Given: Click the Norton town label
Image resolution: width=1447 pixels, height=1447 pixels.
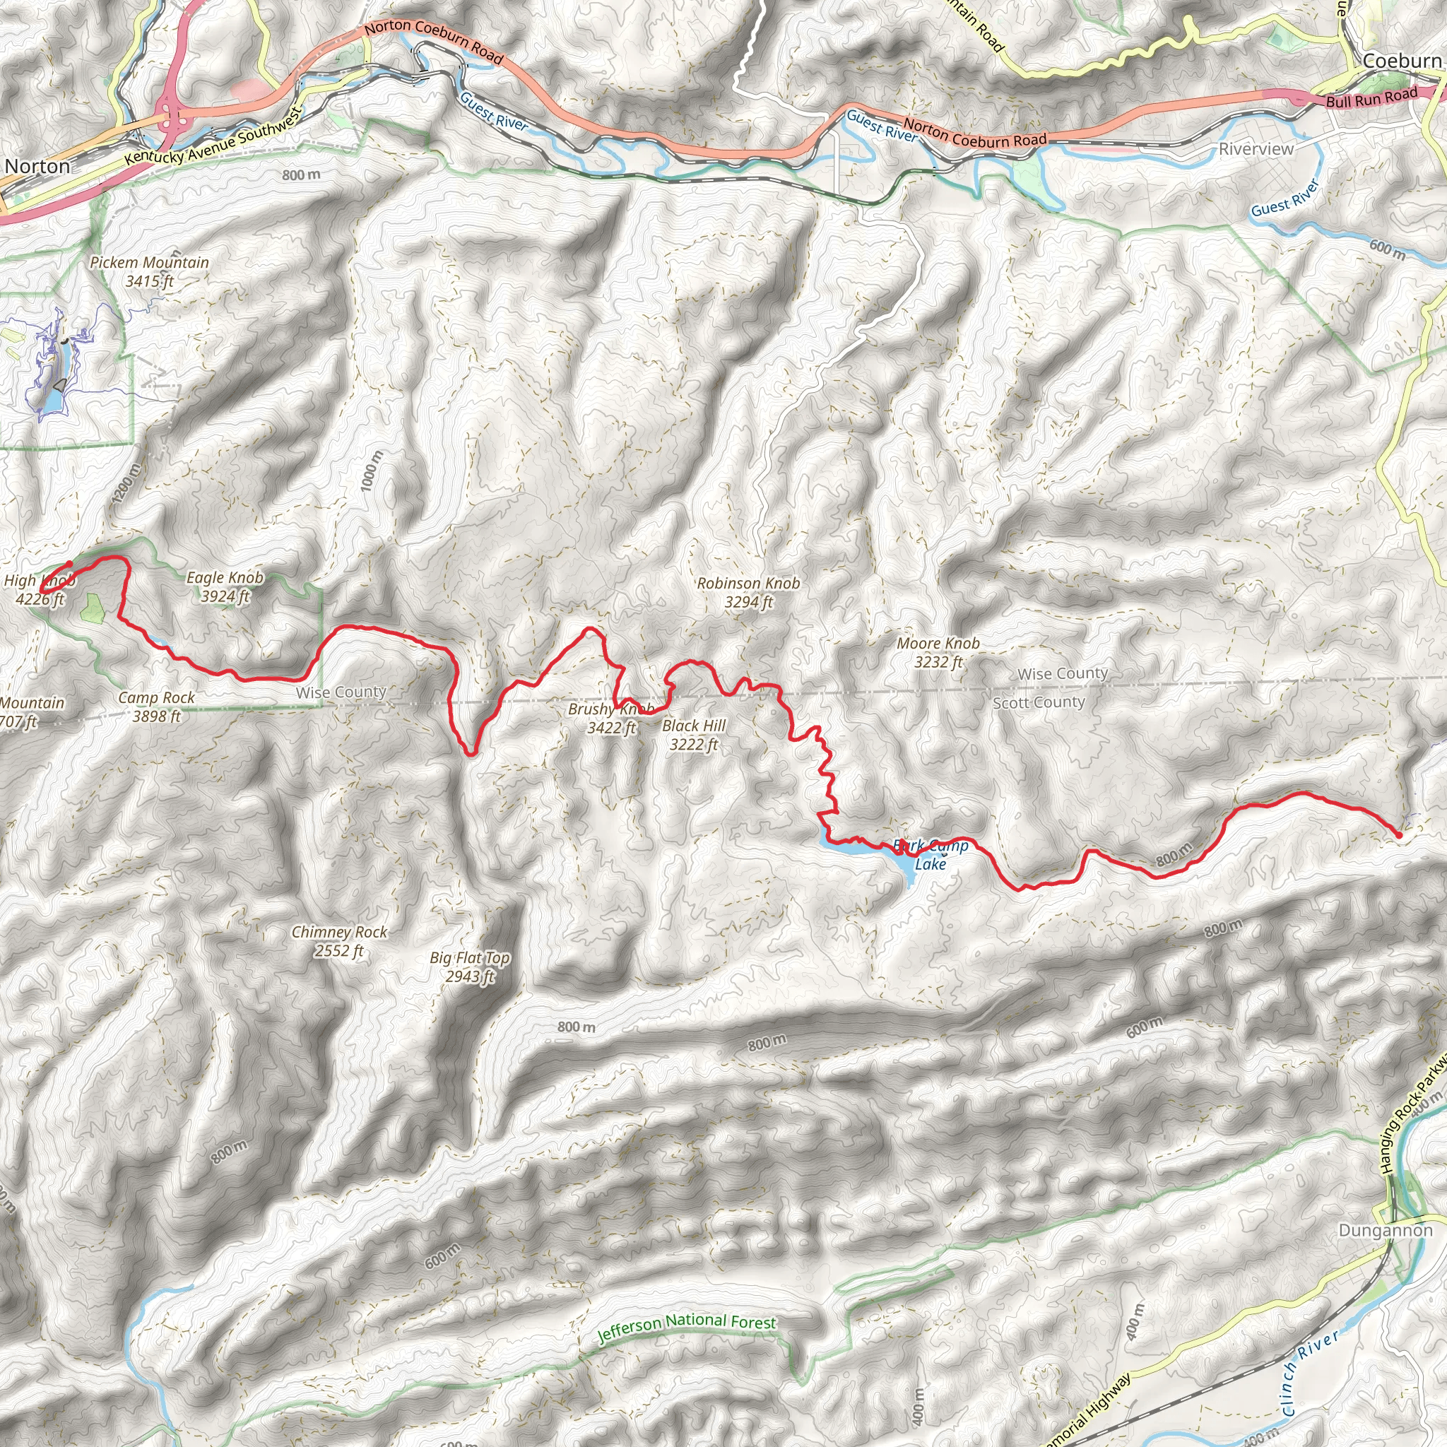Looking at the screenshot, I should coord(37,166).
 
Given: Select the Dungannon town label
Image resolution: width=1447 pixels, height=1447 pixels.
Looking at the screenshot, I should coord(1385,1231).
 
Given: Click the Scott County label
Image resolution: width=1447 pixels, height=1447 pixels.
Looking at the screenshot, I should coord(1038,702).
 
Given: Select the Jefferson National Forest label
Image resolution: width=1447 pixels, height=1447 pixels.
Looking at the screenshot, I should coord(686,1328).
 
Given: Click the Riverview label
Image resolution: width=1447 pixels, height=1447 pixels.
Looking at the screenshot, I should coord(1256,149).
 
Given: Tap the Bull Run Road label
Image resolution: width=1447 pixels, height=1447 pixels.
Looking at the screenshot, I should coord(1371,98).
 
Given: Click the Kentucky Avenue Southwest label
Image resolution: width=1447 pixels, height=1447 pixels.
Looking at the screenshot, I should coord(213,136).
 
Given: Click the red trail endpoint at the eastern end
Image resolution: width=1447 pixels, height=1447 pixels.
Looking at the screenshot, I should coord(1398,834).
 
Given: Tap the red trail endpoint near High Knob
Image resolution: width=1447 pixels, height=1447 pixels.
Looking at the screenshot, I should coord(69,564).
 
